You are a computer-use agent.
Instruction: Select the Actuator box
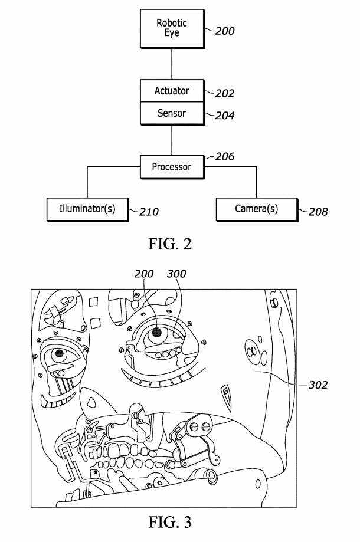pyautogui.click(x=172, y=91)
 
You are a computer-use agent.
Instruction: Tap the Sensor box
pyautogui.click(x=172, y=113)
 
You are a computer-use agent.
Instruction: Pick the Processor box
pyautogui.click(x=172, y=167)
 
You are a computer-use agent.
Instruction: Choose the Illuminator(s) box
pyautogui.click(x=87, y=209)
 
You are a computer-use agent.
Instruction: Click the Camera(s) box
pyautogui.click(x=256, y=209)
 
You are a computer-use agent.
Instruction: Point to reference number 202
pyautogui.click(x=225, y=93)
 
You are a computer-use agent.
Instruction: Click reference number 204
pyautogui.click(x=225, y=116)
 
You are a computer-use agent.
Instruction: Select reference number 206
pyautogui.click(x=225, y=157)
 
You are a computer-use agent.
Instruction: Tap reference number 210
pyautogui.click(x=148, y=212)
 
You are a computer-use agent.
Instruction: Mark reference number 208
pyautogui.click(x=318, y=212)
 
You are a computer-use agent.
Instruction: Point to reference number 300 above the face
pyautogui.click(x=176, y=274)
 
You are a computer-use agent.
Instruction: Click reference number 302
pyautogui.click(x=318, y=385)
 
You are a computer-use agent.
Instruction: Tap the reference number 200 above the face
pyautogui.click(x=144, y=274)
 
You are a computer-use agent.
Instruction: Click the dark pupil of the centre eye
pyautogui.click(x=157, y=333)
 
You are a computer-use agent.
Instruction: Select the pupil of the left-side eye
pyautogui.click(x=60, y=354)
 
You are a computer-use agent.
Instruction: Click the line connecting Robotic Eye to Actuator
pyautogui.click(x=172, y=64)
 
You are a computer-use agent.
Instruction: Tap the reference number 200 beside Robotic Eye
pyautogui.click(x=225, y=31)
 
